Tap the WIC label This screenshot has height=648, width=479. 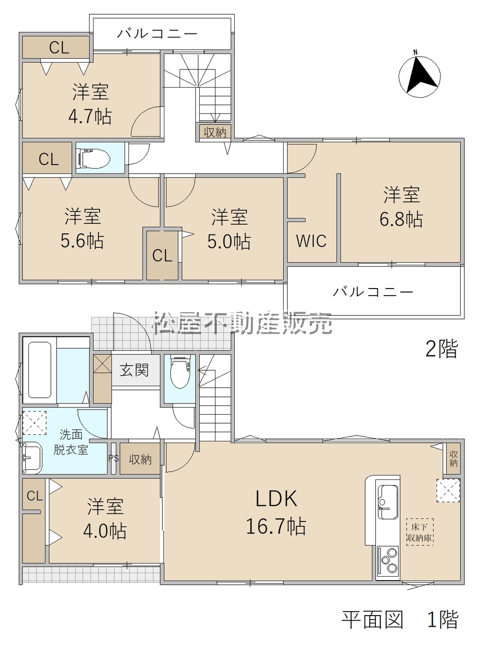311,241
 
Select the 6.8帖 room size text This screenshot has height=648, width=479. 401,220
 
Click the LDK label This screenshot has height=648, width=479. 277,499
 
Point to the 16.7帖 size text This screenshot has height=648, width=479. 276,526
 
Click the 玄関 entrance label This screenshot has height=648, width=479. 134,370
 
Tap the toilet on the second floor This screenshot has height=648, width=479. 93,158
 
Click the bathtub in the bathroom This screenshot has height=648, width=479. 39,370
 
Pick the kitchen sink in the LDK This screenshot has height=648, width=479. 387,501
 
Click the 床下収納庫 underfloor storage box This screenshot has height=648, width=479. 420,532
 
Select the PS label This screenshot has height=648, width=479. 114,458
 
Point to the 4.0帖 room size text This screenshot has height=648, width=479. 105,531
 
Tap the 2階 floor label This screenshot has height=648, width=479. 442,348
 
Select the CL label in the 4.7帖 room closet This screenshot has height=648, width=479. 59,48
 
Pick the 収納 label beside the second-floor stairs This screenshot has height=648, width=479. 215,132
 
